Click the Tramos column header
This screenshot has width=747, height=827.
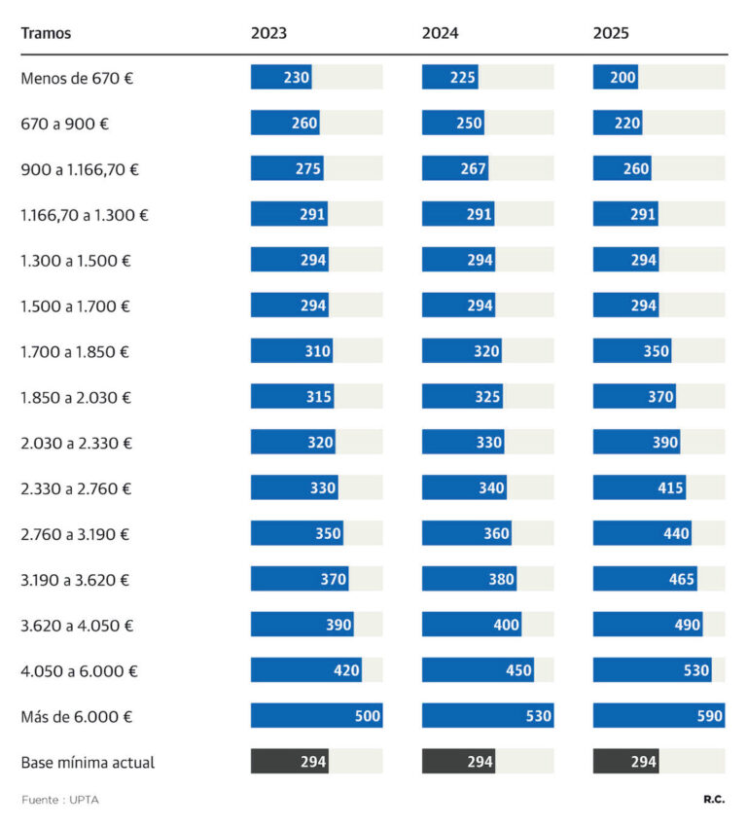(46, 33)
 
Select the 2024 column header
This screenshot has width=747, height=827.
(440, 33)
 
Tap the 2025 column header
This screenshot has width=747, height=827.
(611, 33)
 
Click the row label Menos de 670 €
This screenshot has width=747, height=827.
(77, 78)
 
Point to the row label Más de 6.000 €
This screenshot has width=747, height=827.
(77, 717)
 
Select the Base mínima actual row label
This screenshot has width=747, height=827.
(88, 762)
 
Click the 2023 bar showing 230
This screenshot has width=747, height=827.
(281, 77)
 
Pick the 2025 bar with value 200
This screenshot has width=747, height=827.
(616, 77)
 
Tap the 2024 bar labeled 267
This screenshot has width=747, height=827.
(455, 168)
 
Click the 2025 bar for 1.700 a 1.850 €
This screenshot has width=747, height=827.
(632, 350)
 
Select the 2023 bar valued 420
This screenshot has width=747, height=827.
(306, 669)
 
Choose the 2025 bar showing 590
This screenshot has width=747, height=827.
(658, 715)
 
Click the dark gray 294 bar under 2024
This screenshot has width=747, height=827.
(459, 761)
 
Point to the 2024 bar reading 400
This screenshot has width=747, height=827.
(472, 625)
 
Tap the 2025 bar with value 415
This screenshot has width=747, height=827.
(639, 487)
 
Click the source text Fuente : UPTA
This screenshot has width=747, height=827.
(60, 800)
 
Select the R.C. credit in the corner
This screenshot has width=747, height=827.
(714, 800)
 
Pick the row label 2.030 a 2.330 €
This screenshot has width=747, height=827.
(77, 443)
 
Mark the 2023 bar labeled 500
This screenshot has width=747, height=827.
(317, 715)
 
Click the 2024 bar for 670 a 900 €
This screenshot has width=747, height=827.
(453, 123)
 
